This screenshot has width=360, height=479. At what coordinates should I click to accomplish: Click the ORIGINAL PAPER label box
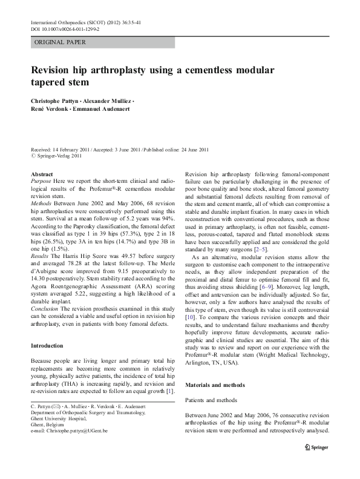102,42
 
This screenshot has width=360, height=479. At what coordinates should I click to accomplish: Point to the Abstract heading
42,174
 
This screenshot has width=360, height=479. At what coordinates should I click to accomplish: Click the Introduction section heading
47,346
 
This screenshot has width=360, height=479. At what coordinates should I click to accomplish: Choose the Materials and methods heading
215,385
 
